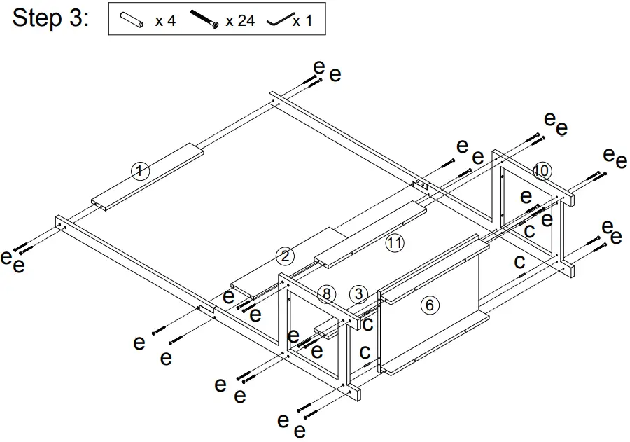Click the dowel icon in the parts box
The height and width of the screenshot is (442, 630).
point(132,20)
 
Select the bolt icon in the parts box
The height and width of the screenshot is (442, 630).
point(205,20)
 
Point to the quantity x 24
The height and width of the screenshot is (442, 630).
point(240,20)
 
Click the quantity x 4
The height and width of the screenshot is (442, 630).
point(165,20)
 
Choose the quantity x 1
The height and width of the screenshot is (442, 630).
point(302,21)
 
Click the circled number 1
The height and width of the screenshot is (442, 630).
point(140,170)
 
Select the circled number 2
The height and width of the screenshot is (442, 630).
point(284,256)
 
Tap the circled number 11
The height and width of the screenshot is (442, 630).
point(395,243)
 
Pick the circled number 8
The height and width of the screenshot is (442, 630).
point(325,293)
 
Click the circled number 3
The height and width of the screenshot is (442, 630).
point(358,293)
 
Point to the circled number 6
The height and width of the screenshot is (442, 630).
point(429,305)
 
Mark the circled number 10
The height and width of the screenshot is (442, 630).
point(541,170)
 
